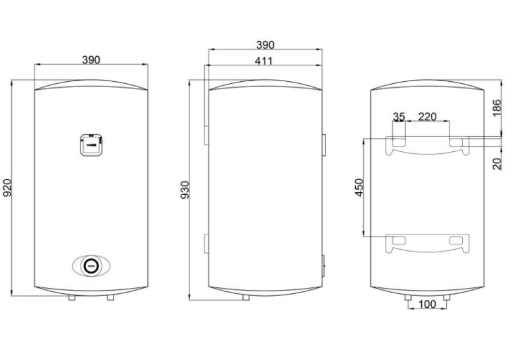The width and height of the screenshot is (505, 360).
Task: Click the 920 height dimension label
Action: pyautogui.click(x=7, y=187)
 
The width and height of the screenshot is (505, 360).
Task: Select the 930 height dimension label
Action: pyautogui.click(x=185, y=190)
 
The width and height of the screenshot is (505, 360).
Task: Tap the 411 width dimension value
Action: pyautogui.click(x=264, y=61)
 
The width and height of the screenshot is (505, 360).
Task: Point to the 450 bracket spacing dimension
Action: pyautogui.click(x=359, y=187)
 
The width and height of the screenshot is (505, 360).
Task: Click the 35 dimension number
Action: pyautogui.click(x=399, y=117)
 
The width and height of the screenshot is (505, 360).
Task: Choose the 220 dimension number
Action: pyautogui.click(x=427, y=116)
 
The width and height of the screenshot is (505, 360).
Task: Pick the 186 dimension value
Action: pyautogui.click(x=497, y=108)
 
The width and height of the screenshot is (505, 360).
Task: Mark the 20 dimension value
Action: pyautogui.click(x=497, y=163)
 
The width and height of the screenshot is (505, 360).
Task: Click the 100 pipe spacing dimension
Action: pyautogui.click(x=427, y=304)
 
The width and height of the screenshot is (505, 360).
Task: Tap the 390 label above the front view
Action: pyautogui.click(x=91, y=60)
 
